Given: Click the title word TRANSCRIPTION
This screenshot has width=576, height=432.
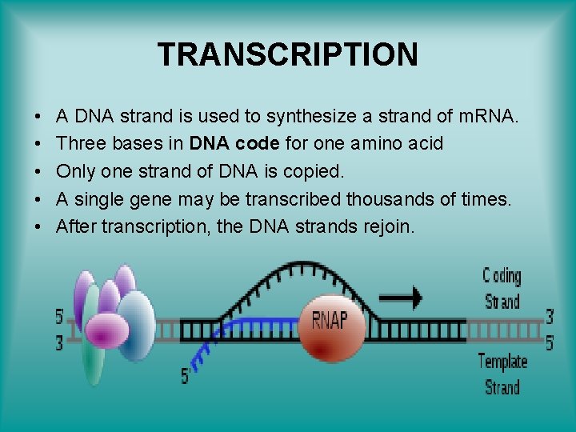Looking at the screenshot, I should point(288,54).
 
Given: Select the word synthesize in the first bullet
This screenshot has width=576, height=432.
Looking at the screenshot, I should point(310,117).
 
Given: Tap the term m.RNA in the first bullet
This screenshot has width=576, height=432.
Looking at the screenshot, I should point(488,117).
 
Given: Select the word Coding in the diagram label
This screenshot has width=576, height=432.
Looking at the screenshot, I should point(502,277).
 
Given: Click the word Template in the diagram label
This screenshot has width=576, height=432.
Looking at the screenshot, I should point(502,362).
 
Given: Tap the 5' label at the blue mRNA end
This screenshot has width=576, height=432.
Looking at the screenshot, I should point(185,374).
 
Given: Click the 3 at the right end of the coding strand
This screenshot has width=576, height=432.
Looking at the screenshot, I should point(549,316).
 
